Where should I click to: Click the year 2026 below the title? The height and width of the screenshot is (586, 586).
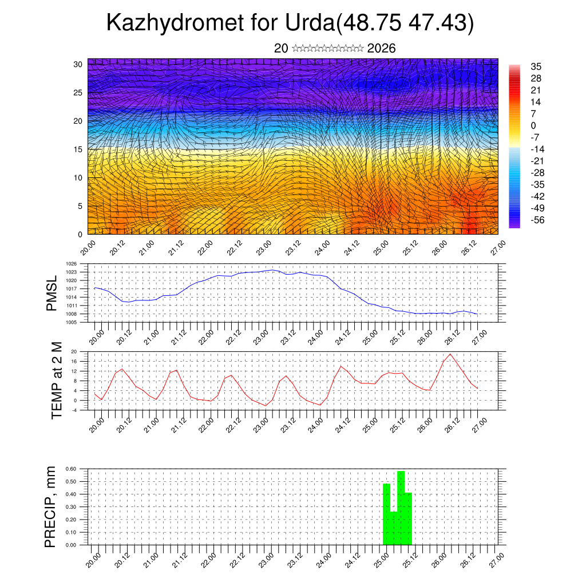coord(381,49)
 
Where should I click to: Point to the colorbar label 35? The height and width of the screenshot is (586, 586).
coord(536,67)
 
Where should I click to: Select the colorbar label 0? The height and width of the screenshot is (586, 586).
coord(533,126)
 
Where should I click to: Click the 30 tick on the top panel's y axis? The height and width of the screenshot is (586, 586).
coord(78,64)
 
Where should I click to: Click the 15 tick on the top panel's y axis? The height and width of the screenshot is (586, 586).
coord(78,149)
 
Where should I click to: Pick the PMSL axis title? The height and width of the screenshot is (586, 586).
coord(52,294)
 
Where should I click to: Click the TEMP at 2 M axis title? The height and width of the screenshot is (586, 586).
coord(57,380)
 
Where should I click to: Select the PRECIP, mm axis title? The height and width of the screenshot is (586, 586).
coord(51,506)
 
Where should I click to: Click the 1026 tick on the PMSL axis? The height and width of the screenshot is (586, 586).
coord(71,264)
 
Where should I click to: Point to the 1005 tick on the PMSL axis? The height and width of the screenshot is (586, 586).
coord(71,323)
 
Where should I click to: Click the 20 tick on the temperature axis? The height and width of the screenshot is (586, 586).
coord(74,351)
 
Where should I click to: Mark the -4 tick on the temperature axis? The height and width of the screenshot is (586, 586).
coord(74,410)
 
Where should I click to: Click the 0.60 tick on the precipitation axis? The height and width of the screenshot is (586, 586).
coord(70,469)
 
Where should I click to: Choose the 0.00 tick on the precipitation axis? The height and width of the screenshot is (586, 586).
coord(70,545)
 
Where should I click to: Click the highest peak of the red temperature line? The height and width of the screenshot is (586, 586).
coord(450,354)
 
